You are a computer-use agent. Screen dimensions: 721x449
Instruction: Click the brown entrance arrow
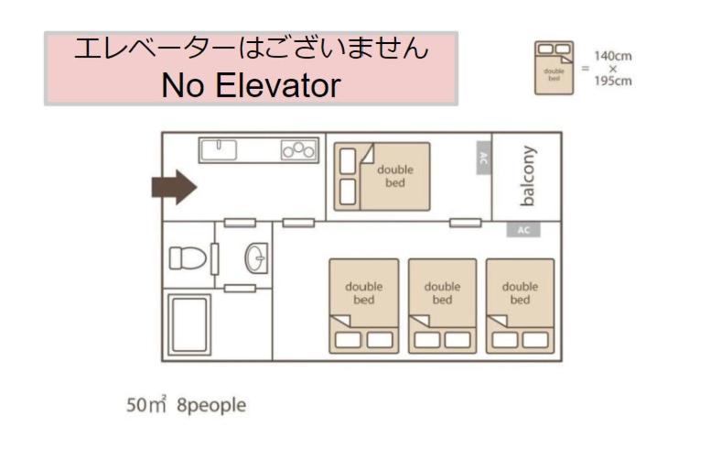click(175, 187)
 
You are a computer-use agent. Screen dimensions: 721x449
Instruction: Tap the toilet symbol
click(188, 257)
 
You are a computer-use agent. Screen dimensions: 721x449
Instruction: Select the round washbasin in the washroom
click(255, 258)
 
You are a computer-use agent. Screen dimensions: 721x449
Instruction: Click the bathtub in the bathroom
click(189, 324)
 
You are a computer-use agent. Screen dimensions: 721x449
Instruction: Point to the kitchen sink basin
click(219, 150)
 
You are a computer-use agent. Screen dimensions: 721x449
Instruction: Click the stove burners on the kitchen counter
click(299, 150)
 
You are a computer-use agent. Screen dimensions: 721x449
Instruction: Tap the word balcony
click(528, 176)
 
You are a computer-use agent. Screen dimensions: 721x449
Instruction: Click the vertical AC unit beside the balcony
click(484, 158)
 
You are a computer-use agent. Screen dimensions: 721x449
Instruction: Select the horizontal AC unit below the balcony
click(523, 229)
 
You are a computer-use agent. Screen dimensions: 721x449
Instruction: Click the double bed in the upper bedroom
click(382, 176)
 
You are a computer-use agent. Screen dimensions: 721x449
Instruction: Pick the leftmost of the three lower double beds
click(364, 306)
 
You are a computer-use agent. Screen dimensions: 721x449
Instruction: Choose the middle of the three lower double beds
click(442, 306)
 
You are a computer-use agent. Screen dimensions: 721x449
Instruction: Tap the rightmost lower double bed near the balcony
click(520, 306)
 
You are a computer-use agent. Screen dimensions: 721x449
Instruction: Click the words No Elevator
click(251, 85)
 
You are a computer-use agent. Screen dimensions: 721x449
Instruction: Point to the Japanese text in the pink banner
click(251, 49)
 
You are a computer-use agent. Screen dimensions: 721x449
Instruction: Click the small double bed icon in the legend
click(554, 68)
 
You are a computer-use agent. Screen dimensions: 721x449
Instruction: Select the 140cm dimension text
click(613, 56)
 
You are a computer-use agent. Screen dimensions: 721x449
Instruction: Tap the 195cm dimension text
click(613, 81)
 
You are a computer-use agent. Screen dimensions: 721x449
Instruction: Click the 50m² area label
click(146, 404)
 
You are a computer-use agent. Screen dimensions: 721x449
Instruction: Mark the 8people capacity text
click(211, 405)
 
